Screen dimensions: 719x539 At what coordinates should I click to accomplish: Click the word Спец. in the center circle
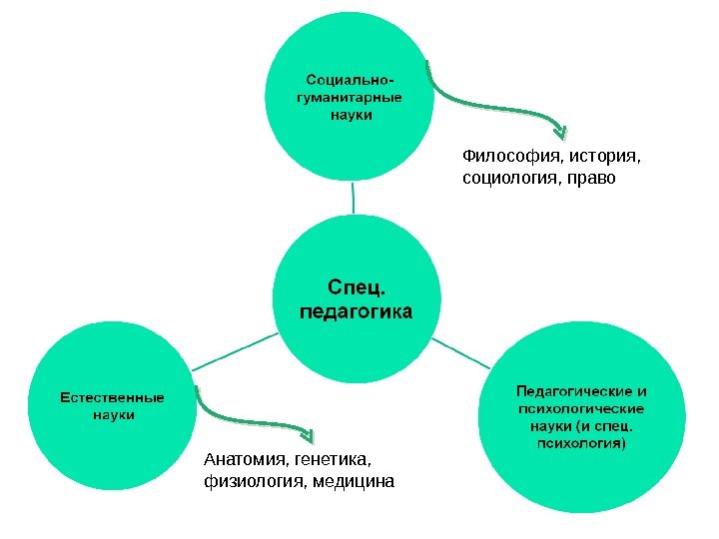click(x=356, y=289)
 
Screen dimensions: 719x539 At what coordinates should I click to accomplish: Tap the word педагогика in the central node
click(x=356, y=312)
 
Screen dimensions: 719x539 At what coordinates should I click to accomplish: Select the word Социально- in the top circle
click(x=350, y=78)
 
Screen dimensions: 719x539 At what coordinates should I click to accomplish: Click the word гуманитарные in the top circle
click(x=350, y=97)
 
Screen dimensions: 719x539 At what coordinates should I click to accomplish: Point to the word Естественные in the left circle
click(x=109, y=396)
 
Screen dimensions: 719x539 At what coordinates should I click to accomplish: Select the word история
click(x=603, y=156)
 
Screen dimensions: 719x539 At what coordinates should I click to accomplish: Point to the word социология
click(x=508, y=179)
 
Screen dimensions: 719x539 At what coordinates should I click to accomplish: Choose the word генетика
click(x=332, y=460)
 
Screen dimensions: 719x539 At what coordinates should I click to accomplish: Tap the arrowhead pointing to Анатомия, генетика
click(x=308, y=435)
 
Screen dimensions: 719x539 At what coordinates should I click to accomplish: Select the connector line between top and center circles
click(x=353, y=198)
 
